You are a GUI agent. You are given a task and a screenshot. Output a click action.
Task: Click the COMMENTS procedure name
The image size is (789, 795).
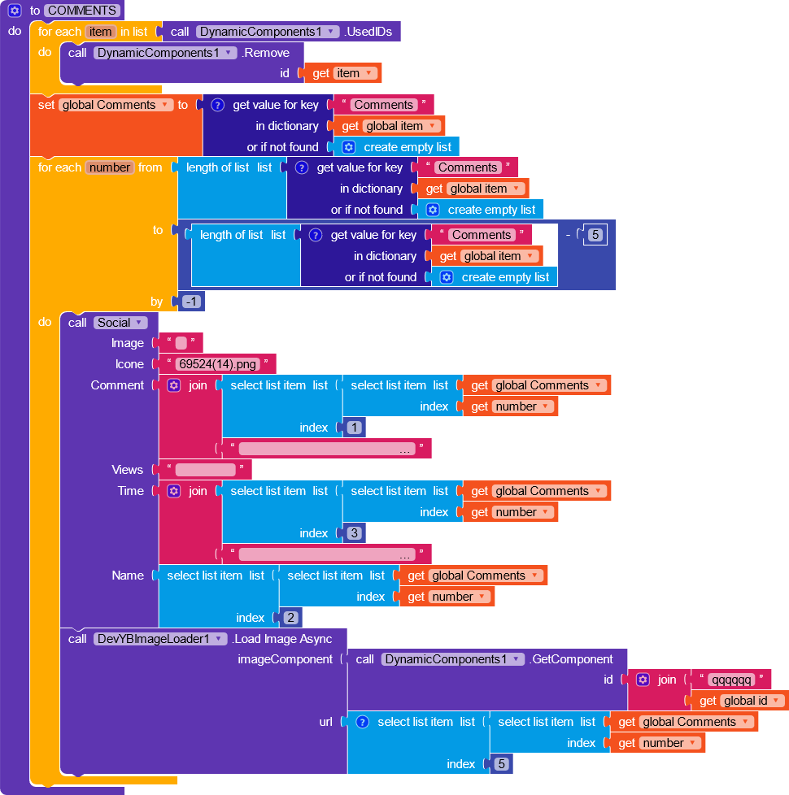[x=83, y=11]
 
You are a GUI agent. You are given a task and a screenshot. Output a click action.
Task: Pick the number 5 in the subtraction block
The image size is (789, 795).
[x=595, y=235]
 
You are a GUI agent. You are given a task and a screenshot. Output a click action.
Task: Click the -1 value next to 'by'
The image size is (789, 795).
[x=192, y=302]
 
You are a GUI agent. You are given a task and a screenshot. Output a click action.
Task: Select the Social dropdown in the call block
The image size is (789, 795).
[x=120, y=323]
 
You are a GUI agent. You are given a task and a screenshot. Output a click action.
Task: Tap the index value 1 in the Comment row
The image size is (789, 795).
[x=355, y=428]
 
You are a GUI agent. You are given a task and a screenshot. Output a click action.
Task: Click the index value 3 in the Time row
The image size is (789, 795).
[x=355, y=533]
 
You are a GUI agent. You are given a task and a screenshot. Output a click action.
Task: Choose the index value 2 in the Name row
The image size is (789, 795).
[x=291, y=618]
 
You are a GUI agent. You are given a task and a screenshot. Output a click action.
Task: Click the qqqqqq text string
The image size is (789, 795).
[x=730, y=680]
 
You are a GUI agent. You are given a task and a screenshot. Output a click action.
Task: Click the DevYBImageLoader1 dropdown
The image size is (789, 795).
[x=159, y=639]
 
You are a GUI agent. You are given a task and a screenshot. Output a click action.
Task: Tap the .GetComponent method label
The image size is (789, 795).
[x=571, y=659]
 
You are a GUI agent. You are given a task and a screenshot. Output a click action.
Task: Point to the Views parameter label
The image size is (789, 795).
[x=127, y=470]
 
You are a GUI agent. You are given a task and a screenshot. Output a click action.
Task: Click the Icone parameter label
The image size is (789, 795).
[x=129, y=364]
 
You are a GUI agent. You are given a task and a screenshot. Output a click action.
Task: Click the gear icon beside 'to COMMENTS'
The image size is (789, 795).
[x=15, y=11]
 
